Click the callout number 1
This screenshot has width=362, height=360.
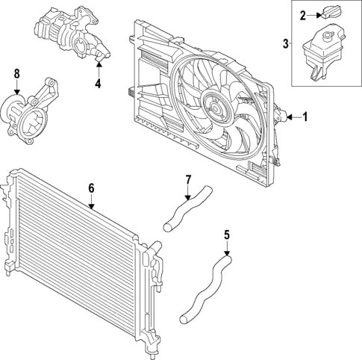(305, 117)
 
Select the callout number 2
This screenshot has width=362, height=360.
(302, 15)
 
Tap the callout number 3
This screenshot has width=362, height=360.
(286, 44)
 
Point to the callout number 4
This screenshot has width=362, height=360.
(98, 83)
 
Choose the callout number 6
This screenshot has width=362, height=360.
(91, 189)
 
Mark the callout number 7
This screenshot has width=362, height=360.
(189, 179)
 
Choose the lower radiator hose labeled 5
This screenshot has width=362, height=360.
(205, 288)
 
